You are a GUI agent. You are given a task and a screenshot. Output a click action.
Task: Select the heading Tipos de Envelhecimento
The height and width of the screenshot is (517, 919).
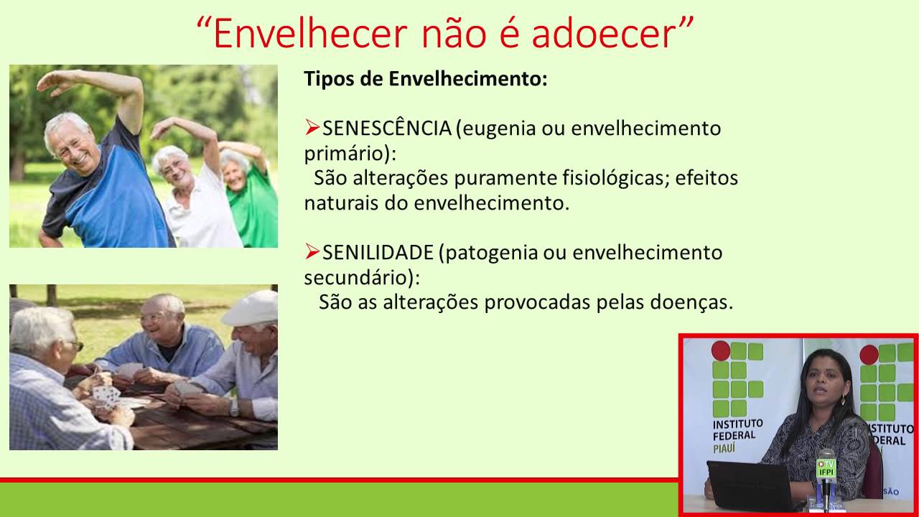click(x=426, y=79)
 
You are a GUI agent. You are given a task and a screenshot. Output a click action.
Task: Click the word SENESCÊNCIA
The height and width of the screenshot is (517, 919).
click(x=386, y=129)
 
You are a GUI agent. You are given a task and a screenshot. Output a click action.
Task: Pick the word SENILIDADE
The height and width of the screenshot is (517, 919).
click(x=378, y=253)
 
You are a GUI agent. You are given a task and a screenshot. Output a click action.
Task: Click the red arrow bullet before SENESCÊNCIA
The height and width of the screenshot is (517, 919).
click(x=312, y=128)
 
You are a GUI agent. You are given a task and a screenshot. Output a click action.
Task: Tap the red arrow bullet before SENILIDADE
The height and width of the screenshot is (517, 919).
click(x=312, y=251)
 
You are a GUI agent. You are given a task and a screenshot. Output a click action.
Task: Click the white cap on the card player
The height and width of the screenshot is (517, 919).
click(x=251, y=308)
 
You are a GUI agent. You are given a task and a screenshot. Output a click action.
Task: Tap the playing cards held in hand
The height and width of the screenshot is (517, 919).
click(x=106, y=395)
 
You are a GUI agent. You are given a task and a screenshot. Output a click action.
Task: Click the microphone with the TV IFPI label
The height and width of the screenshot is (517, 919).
click(x=826, y=467)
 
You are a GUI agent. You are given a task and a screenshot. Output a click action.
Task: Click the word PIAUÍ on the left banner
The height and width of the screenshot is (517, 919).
click(x=728, y=447)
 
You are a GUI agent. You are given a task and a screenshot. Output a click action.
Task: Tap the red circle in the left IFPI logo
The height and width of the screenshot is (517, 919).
click(x=720, y=350)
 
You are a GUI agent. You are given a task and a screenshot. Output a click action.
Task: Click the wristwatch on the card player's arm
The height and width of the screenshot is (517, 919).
click(x=233, y=406)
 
